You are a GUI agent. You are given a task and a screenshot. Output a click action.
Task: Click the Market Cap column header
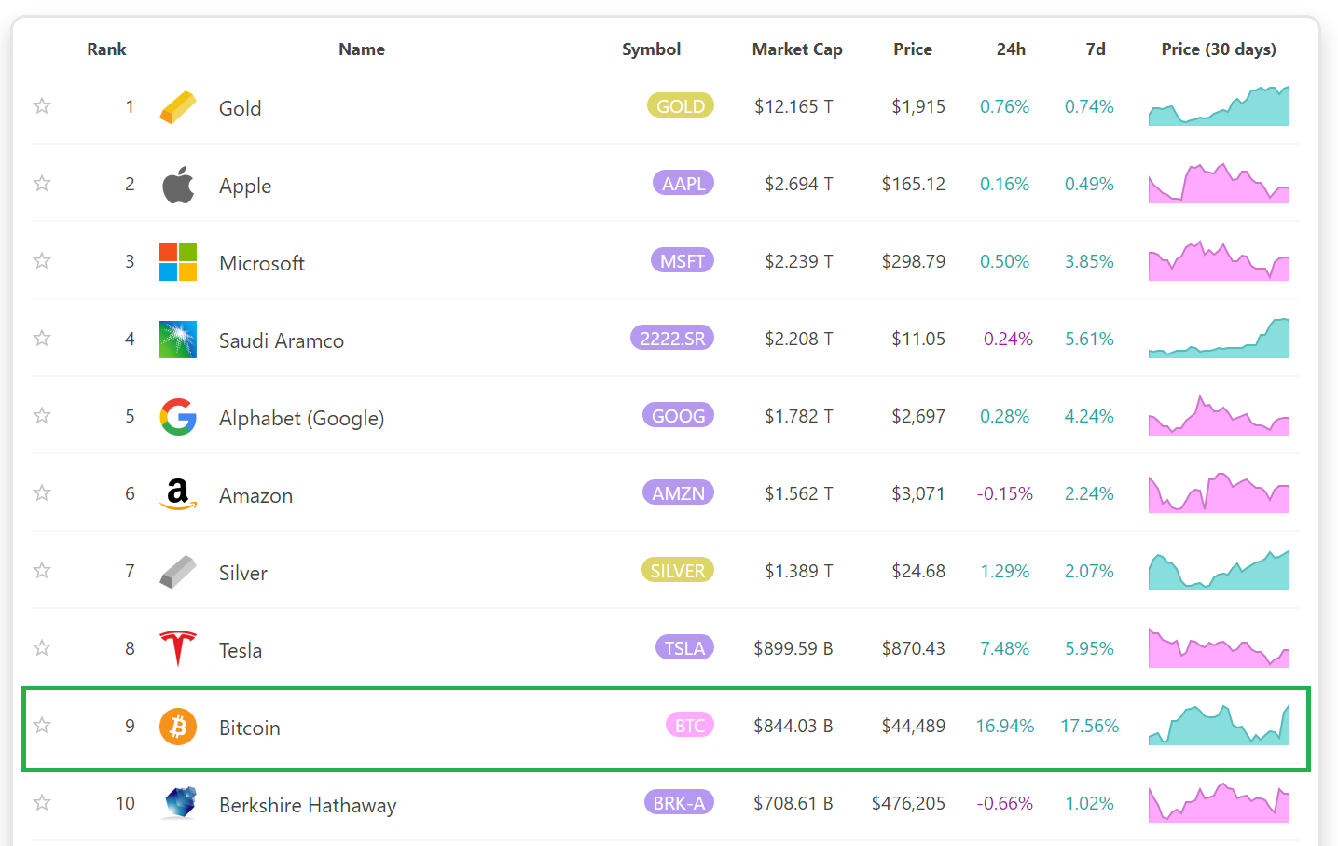[797, 49]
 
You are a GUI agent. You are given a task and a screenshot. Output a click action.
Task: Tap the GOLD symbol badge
[681, 105]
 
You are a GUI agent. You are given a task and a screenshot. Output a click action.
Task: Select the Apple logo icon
[178, 185]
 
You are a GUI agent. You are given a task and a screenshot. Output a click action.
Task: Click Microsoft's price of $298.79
[914, 261]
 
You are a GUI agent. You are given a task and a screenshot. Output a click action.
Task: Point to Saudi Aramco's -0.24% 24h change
[1005, 339]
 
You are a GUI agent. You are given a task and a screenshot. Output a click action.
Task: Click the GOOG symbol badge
[678, 415]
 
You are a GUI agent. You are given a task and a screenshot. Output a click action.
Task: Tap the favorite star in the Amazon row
[42, 492]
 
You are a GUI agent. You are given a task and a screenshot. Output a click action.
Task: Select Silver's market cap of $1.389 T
[799, 571]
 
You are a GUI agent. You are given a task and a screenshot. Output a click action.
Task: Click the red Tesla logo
[178, 648]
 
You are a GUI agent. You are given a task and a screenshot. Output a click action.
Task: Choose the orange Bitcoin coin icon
[178, 727]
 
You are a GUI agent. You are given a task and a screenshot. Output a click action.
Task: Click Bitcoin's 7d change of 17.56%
[1089, 726]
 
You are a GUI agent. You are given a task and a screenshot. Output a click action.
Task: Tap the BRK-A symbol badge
[679, 802]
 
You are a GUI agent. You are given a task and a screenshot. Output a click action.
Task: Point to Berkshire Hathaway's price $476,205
[908, 803]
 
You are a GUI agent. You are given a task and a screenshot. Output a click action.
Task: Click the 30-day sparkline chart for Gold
[1219, 105]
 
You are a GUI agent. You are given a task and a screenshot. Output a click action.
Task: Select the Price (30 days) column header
[1219, 49]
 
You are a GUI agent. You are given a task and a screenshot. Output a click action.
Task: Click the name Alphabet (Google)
[302, 418]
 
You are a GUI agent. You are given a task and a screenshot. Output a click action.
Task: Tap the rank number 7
[130, 571]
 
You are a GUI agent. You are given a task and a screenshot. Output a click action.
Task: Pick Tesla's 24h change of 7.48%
[1005, 648]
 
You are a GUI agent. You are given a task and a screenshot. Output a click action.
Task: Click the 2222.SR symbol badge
[672, 339]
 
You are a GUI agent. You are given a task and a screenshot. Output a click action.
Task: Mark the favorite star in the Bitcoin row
[42, 726]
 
